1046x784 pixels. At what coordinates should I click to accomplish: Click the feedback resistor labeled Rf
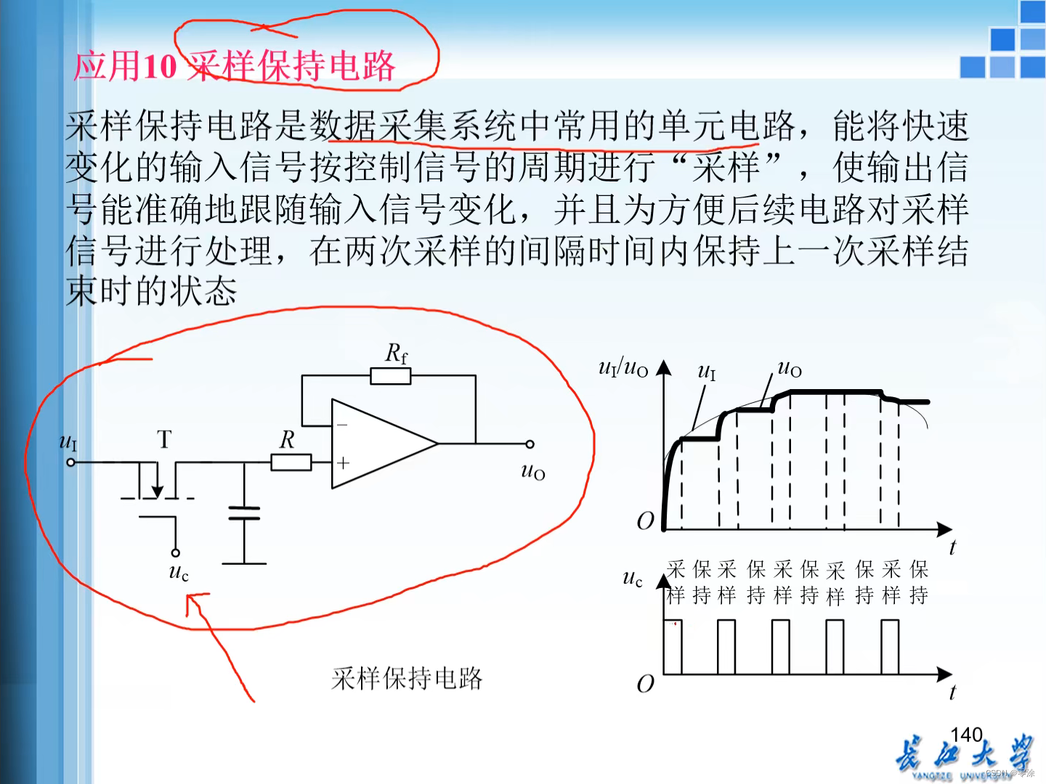coord(391,376)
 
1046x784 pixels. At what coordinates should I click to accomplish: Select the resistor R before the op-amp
coord(291,462)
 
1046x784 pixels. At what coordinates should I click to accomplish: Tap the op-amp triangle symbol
coord(381,444)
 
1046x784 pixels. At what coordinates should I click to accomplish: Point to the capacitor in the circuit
coord(244,513)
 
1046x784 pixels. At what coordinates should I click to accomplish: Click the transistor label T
coord(164,439)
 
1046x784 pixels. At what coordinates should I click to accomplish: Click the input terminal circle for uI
coord(70,462)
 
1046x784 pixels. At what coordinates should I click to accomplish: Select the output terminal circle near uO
coord(530,444)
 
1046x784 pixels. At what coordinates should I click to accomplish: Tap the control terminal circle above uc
coord(175,552)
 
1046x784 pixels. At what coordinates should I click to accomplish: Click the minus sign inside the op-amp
coord(342,425)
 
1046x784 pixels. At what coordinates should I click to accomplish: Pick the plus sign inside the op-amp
coord(343,462)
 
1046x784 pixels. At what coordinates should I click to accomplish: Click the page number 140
coord(966,735)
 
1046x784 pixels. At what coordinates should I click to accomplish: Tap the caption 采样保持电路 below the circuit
coord(407,678)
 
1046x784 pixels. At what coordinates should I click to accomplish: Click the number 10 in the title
coord(160,68)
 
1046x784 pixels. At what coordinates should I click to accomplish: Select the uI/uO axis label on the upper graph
coord(623,368)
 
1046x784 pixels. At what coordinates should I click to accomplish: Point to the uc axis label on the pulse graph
coord(633,579)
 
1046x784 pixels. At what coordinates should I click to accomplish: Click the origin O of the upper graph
coord(645,520)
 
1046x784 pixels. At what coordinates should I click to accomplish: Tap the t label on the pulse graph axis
coord(952,693)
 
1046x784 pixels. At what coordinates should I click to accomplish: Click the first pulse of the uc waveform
coord(673,647)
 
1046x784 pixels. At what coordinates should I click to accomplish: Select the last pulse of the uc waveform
coord(890,647)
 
